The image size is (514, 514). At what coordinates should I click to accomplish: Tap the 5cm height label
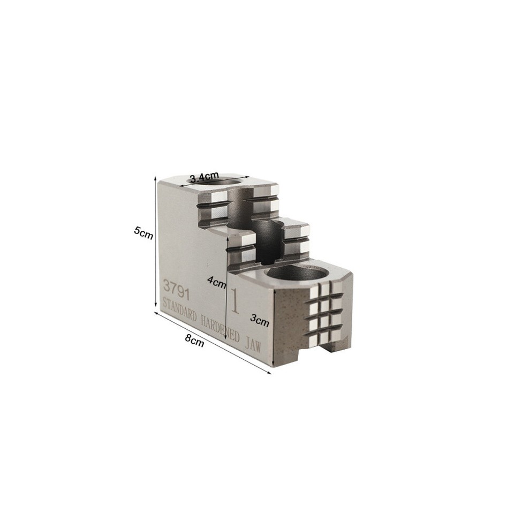click(x=143, y=233)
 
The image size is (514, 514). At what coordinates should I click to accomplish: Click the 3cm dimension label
click(x=260, y=320)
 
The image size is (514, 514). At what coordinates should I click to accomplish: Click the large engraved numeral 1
click(x=235, y=301)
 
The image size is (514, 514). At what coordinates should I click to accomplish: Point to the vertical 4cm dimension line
click(x=227, y=284)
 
